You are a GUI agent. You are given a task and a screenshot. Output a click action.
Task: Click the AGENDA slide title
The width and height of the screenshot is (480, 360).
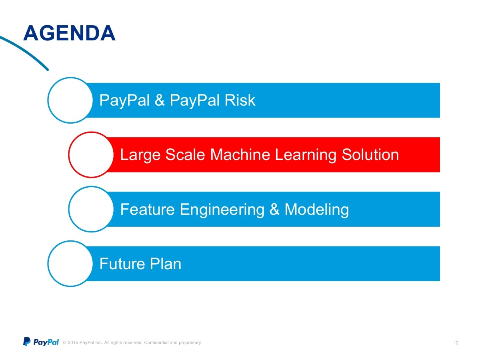pos(69,33)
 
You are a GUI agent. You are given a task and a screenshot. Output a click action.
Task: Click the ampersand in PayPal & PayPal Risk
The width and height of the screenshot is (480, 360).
pos(160,100)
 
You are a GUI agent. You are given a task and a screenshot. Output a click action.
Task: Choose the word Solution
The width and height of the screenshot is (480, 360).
pos(370,155)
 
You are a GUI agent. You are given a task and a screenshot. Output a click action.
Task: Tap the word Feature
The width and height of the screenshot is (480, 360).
pos(148,209)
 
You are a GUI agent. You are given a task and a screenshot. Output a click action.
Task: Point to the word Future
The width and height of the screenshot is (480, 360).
pos(122,264)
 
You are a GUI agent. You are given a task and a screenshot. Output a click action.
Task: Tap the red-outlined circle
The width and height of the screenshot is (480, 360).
pos(91,132)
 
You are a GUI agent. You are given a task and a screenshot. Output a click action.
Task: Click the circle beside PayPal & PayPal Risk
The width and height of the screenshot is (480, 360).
pos(70,78)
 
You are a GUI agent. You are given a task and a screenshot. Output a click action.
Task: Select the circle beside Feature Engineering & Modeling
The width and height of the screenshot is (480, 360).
pos(91,187)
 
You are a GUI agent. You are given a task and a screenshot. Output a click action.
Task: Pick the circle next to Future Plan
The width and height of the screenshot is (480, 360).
pos(70,241)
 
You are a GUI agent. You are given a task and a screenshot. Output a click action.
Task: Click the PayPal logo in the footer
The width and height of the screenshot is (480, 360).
pos(41,342)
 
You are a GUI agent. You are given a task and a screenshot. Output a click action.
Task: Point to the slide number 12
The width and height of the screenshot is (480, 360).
pos(456,343)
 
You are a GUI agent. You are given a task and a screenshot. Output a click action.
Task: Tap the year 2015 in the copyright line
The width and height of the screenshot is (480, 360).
pos(73,342)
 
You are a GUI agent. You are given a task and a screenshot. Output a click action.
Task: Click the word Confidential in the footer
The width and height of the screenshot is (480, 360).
pos(156,342)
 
